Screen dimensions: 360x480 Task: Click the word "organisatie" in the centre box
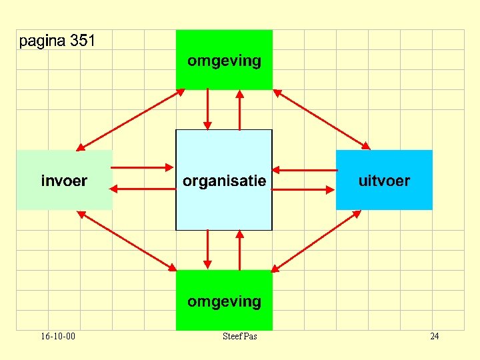coord(224,181)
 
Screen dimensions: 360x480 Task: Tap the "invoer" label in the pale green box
coord(64,181)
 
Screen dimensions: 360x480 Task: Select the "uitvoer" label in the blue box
coord(384,181)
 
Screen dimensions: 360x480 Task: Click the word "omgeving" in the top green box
coord(224,61)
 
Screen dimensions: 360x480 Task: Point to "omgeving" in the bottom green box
coord(224,301)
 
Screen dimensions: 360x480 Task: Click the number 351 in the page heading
coord(83,41)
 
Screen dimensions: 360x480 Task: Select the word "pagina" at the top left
coord(43,42)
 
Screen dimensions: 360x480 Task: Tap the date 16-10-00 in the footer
coord(57,336)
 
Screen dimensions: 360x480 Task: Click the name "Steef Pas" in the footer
coord(240,336)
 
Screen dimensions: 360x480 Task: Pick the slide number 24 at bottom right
coord(435,336)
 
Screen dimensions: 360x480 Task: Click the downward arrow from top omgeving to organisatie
coord(208,109)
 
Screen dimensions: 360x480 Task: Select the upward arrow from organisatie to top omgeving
coord(240,109)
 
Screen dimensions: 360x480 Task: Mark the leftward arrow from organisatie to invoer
coord(143,189)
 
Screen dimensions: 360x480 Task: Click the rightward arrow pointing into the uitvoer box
coord(304,189)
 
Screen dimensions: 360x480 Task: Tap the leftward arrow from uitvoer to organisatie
coord(304,169)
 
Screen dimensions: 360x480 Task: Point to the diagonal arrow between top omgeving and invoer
coord(131,120)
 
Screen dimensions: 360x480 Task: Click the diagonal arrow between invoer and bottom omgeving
coord(127,241)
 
